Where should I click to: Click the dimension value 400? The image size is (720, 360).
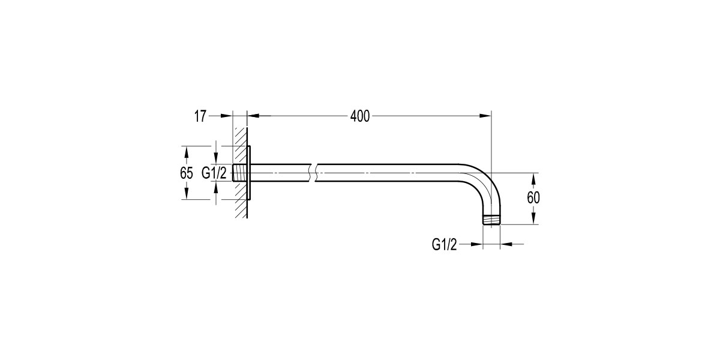click(359, 116)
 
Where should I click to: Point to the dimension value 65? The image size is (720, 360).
click(187, 173)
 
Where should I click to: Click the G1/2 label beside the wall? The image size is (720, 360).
click(214, 173)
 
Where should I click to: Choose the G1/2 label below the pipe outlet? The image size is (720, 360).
click(445, 244)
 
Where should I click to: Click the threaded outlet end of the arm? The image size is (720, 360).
click(491, 220)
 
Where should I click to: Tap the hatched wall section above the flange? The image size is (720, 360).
click(240, 136)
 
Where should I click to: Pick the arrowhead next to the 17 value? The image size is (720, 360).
click(226, 116)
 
